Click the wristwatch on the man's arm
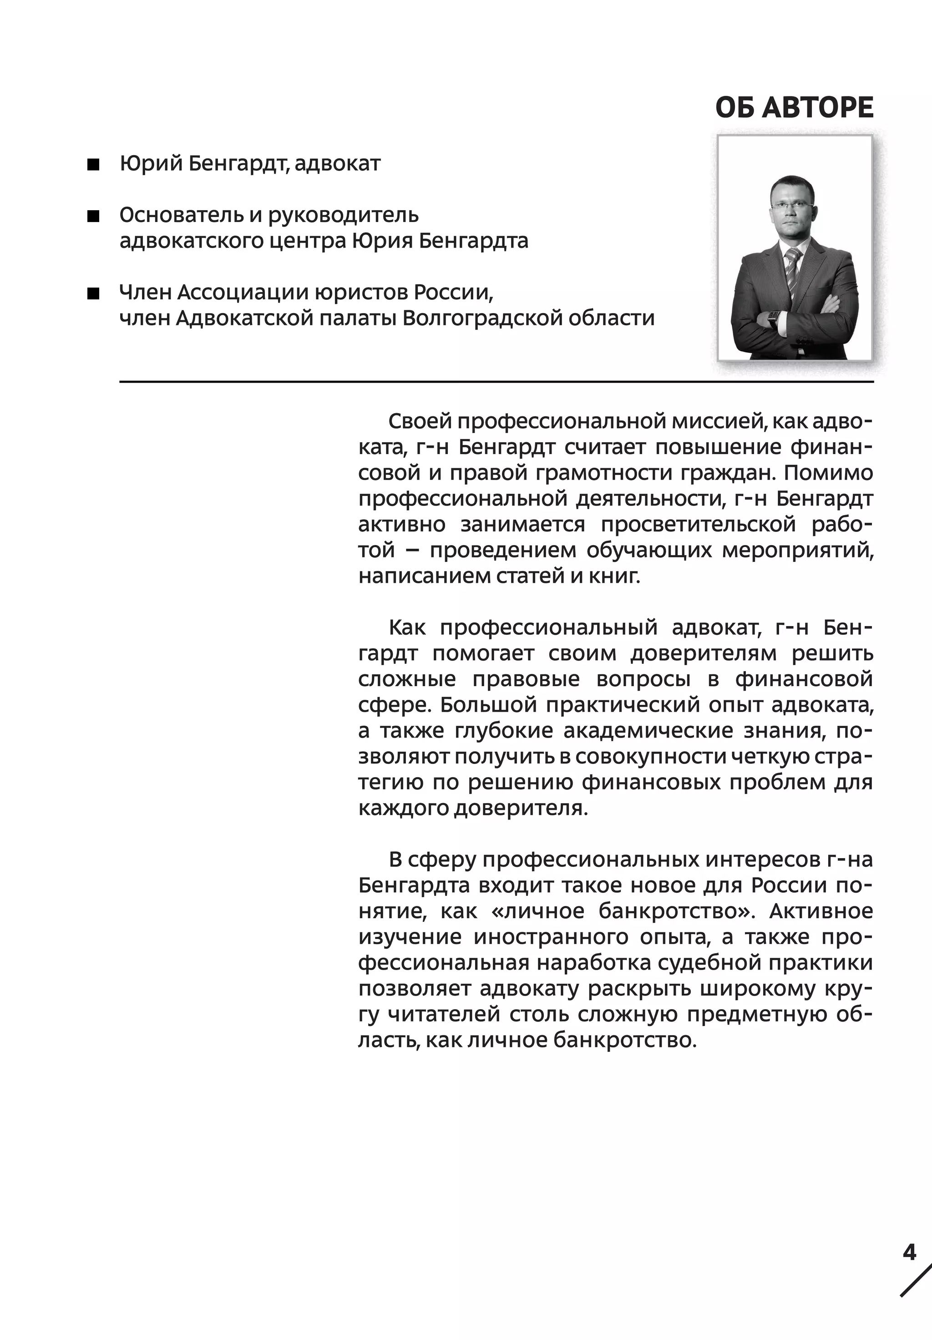pyautogui.click(x=774, y=318)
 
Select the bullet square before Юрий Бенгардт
pyautogui.click(x=93, y=165)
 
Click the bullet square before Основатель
pyautogui.click(x=93, y=217)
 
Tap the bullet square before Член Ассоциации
pyautogui.click(x=93, y=293)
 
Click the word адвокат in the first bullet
pyautogui.click(x=337, y=164)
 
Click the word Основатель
pyautogui.click(x=180, y=215)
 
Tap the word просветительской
pyautogui.click(x=698, y=525)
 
